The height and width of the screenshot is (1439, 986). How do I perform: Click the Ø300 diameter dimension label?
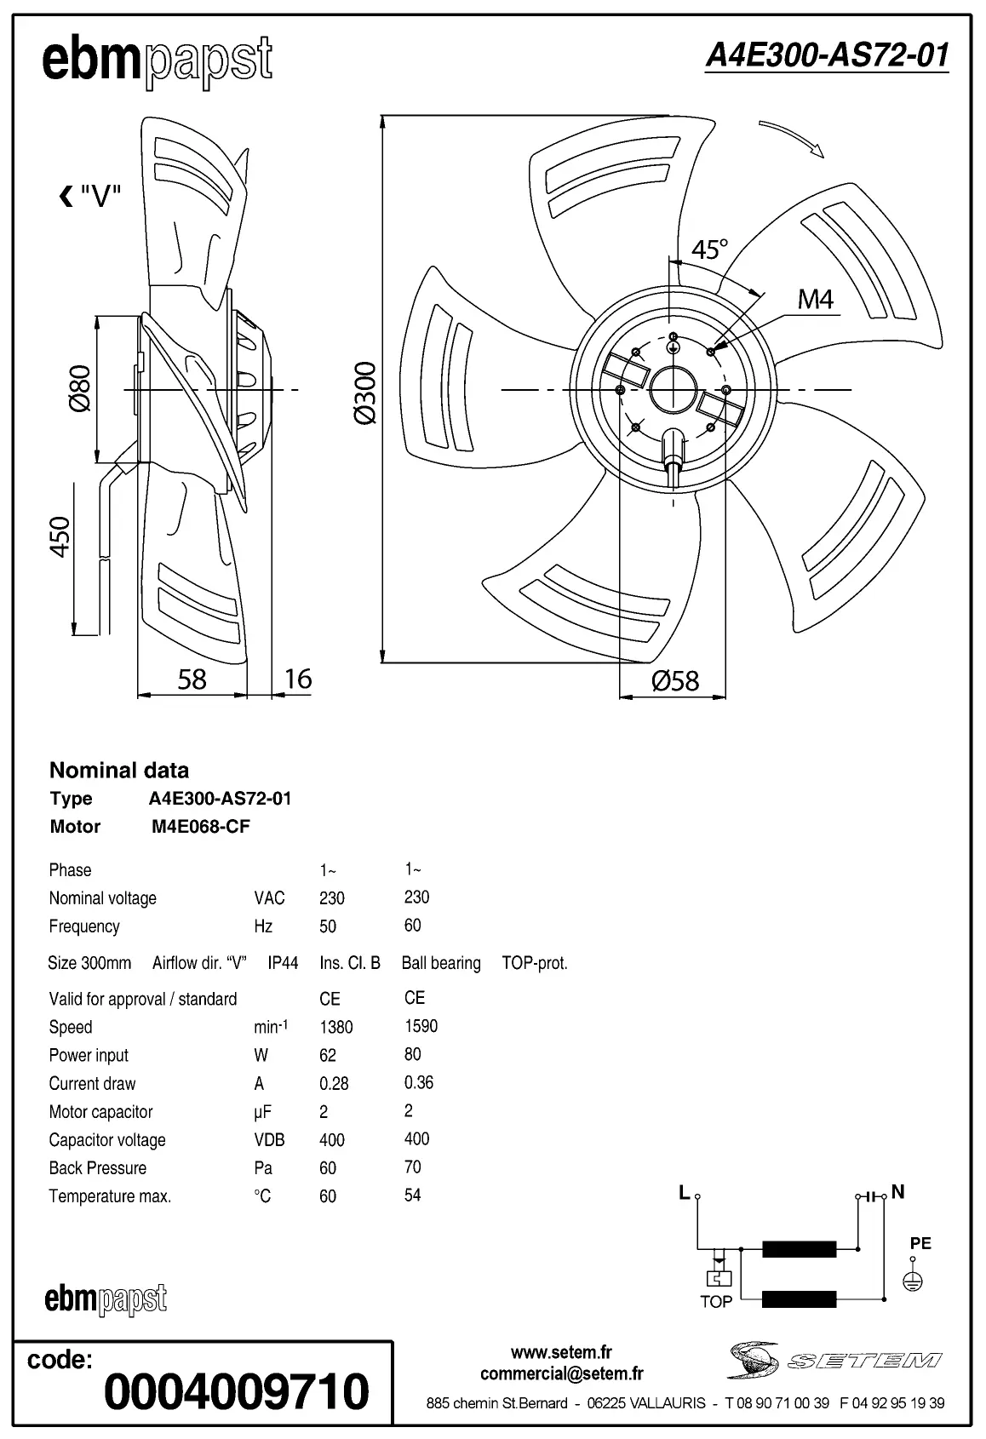coord(364,393)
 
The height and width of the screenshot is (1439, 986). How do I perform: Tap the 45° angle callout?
coord(709,249)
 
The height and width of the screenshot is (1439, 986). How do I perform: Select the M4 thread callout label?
coord(815,300)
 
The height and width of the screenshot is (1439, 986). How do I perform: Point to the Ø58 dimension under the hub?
coord(674,680)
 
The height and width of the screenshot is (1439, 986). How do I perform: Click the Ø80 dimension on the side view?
coord(79,389)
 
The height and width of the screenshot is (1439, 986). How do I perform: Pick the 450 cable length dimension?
coord(60,537)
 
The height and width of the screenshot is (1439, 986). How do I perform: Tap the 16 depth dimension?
coord(297,679)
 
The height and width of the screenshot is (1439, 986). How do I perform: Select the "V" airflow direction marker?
coord(90,198)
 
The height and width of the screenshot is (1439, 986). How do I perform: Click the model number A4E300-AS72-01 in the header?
coord(827,56)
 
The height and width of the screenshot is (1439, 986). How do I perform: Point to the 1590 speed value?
coord(421,1026)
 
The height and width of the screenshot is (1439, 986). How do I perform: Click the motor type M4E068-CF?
coord(201,827)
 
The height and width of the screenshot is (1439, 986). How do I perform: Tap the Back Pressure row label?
coord(97,1168)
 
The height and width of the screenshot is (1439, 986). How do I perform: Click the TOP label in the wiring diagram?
coord(715,1302)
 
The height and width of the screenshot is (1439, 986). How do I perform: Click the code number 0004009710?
coord(237,1391)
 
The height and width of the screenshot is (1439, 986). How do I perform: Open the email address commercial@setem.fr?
coord(561,1373)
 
